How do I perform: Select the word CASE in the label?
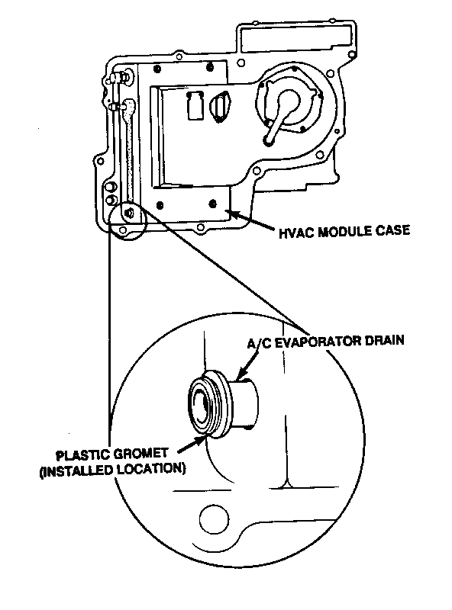pyautogui.click(x=392, y=230)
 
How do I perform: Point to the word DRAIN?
pyautogui.click(x=384, y=340)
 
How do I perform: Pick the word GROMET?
pyautogui.click(x=141, y=454)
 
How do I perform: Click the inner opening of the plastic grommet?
pyautogui.click(x=203, y=407)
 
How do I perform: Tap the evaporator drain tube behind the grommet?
pyautogui.click(x=244, y=404)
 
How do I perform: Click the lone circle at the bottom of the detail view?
pyautogui.click(x=214, y=518)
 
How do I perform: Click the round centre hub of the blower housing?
pyautogui.click(x=289, y=102)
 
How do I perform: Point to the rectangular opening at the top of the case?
pyautogui.click(x=295, y=39)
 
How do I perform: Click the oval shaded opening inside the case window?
pyautogui.click(x=220, y=107)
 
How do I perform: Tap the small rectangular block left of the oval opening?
pyautogui.click(x=195, y=106)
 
